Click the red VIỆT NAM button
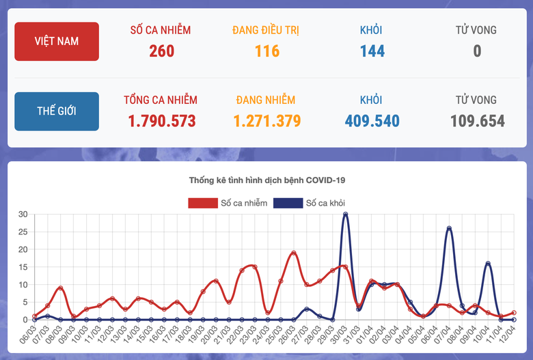(x=57, y=41)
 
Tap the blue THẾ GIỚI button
(x=57, y=111)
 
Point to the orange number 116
(x=266, y=51)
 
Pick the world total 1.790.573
(x=161, y=122)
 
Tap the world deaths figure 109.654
(x=477, y=122)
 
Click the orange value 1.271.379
(x=266, y=122)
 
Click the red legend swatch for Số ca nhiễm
(x=202, y=203)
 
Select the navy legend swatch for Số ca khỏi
(x=287, y=203)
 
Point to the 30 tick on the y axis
(x=23, y=214)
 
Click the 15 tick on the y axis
(x=23, y=267)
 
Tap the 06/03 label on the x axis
(x=29, y=335)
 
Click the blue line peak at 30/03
(x=346, y=214)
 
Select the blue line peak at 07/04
(x=449, y=228)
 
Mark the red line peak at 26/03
(x=294, y=253)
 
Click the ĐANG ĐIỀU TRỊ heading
(x=266, y=30)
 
